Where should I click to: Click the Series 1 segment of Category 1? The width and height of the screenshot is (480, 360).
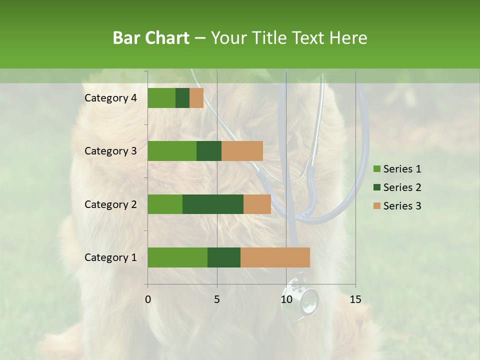pos(177,257)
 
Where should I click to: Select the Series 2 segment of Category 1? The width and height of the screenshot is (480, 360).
pos(224,257)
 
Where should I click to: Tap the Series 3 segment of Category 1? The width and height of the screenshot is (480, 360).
pos(275,257)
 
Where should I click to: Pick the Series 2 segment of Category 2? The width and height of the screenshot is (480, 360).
pos(213,204)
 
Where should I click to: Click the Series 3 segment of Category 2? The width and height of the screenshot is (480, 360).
pos(257,204)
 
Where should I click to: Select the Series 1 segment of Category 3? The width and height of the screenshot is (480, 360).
pos(172,151)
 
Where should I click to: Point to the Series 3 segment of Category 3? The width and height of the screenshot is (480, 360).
pos(242,151)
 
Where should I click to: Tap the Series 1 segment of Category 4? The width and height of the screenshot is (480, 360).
pos(161,98)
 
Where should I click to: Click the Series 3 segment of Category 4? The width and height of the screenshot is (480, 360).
pos(196,98)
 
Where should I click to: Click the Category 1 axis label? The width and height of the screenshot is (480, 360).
pos(110,257)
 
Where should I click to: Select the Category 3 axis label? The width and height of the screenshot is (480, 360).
pos(110,151)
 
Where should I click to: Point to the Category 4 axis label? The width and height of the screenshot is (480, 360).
pos(110,98)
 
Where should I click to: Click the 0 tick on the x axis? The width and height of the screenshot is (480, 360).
pos(148,299)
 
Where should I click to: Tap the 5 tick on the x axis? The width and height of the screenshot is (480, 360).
pos(217,299)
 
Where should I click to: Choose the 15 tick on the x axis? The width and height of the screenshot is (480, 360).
pos(355,299)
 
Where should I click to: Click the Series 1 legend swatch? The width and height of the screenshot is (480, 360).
pos(376,169)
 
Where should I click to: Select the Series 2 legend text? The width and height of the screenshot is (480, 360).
pos(402,187)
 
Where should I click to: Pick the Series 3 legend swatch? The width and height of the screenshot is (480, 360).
pos(376,206)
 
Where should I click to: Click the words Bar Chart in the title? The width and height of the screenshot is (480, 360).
pos(151,38)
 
